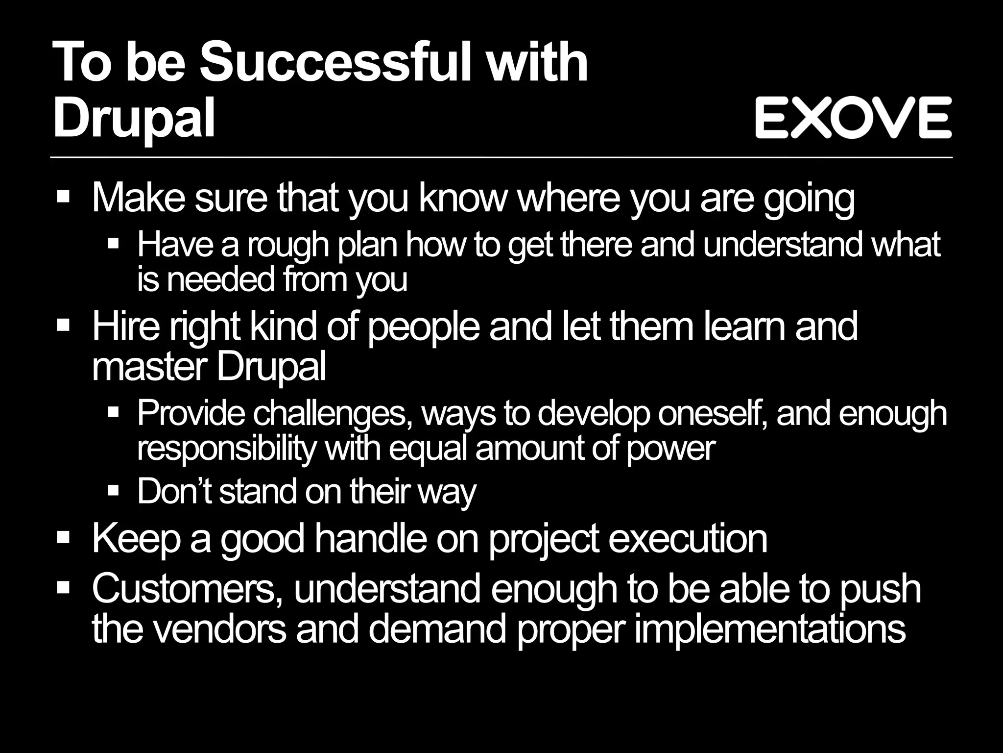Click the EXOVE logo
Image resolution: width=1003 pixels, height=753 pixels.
tap(853, 117)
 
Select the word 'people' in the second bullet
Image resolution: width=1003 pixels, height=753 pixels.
tap(423, 328)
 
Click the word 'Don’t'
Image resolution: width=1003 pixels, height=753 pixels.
tap(174, 491)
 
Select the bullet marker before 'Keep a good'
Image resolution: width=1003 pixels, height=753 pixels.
tap(63, 538)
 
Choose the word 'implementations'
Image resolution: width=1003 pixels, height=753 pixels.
tap(769, 630)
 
